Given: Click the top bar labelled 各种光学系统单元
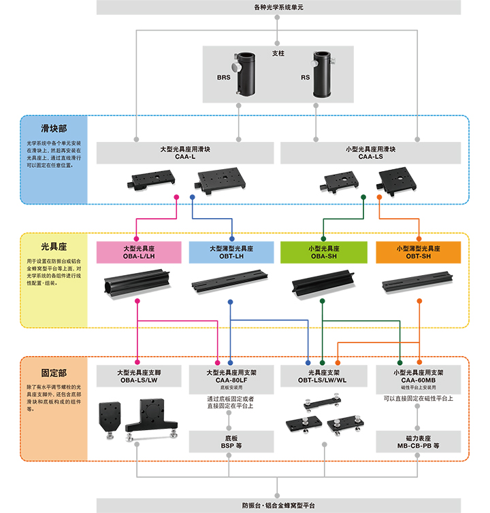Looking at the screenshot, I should [278, 7].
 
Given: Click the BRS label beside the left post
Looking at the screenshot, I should [224, 78].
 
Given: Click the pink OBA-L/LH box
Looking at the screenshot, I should [139, 252].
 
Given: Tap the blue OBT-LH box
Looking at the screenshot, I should [231, 252].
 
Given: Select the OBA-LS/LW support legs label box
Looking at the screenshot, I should [139, 376].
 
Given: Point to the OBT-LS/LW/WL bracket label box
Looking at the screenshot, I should [323, 376].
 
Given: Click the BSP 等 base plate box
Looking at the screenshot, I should [231, 442].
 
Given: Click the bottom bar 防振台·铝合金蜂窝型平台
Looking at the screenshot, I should [278, 506].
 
